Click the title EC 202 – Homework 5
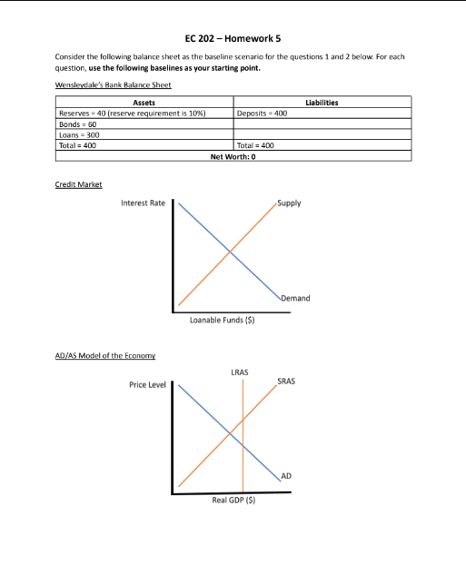click(x=232, y=37)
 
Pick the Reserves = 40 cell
click(x=134, y=114)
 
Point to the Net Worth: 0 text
click(x=234, y=155)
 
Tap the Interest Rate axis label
click(x=144, y=203)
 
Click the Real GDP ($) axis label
click(x=233, y=500)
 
